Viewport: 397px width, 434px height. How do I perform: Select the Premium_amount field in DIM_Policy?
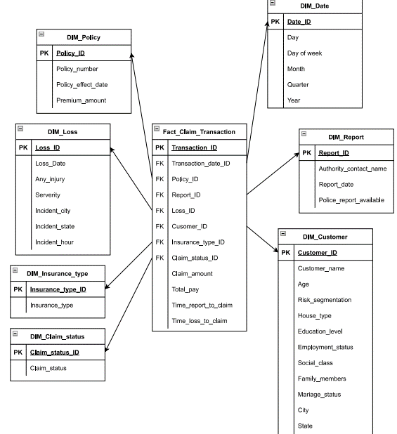click(x=81, y=100)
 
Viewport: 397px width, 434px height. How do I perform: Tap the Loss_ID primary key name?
click(x=47, y=148)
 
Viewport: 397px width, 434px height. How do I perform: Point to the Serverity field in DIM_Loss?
click(x=48, y=195)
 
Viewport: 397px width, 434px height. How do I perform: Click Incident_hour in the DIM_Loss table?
click(x=54, y=242)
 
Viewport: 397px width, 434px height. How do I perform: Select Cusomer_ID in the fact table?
click(x=190, y=226)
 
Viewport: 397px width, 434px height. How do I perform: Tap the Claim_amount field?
click(x=193, y=274)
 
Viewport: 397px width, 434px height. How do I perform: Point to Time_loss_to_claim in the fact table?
click(x=199, y=321)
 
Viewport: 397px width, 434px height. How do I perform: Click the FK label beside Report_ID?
click(x=160, y=195)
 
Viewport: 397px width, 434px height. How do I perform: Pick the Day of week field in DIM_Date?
click(x=304, y=53)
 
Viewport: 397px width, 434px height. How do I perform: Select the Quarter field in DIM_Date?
click(x=298, y=85)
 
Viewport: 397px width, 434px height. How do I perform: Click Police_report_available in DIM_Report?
click(x=351, y=200)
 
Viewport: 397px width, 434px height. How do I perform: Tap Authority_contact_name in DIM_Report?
click(x=352, y=169)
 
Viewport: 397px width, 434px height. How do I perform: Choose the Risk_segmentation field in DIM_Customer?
click(x=324, y=300)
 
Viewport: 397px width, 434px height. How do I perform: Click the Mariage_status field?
click(x=319, y=395)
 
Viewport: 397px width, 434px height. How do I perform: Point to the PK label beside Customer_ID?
click(x=285, y=253)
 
